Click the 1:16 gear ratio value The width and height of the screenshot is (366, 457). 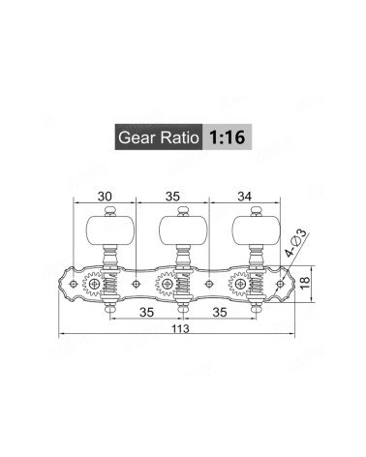click(x=228, y=137)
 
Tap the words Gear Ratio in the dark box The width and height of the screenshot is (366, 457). click(x=159, y=137)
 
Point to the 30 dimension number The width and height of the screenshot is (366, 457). click(x=105, y=196)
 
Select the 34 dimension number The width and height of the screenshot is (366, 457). click(x=244, y=196)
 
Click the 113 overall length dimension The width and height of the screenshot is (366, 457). click(x=180, y=329)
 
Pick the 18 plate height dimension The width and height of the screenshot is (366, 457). click(x=305, y=283)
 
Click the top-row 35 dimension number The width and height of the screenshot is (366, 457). click(x=172, y=196)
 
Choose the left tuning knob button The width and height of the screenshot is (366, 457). click(x=110, y=230)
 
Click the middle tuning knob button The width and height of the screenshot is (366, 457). click(x=183, y=230)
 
